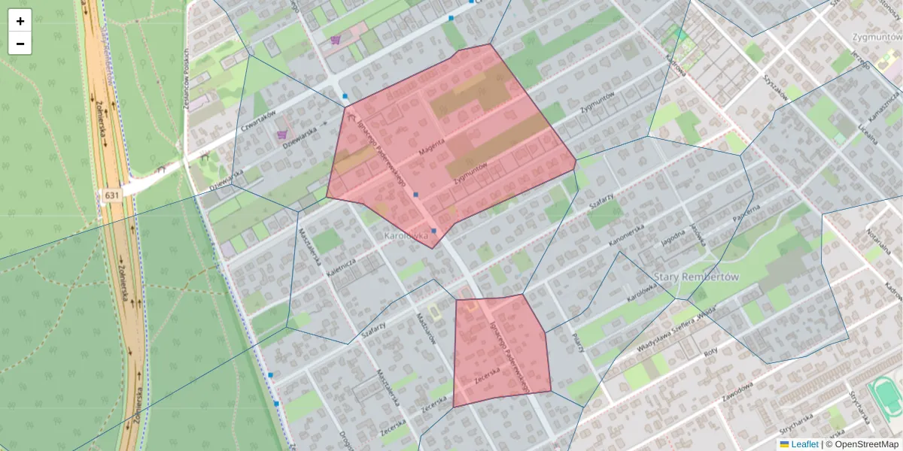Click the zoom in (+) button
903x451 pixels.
tap(20, 21)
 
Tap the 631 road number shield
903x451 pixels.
tap(111, 195)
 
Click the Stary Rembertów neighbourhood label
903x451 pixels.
tap(697, 277)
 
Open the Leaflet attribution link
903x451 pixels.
tap(804, 444)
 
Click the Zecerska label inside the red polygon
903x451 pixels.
tap(488, 375)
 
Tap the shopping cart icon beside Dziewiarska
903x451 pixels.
tap(282, 135)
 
